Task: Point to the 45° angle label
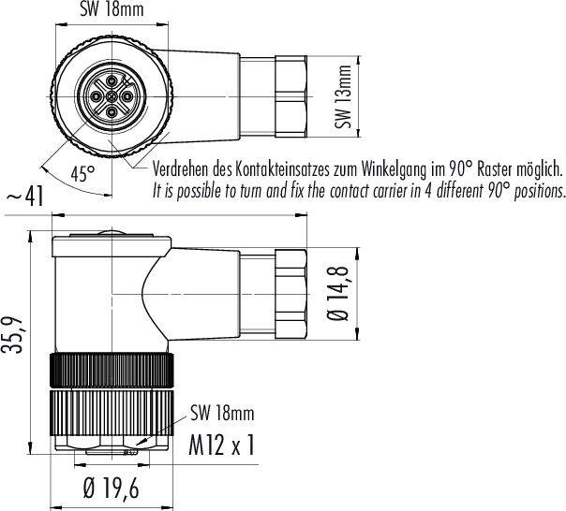pyautogui.click(x=83, y=173)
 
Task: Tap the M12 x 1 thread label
pyautogui.click(x=221, y=445)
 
